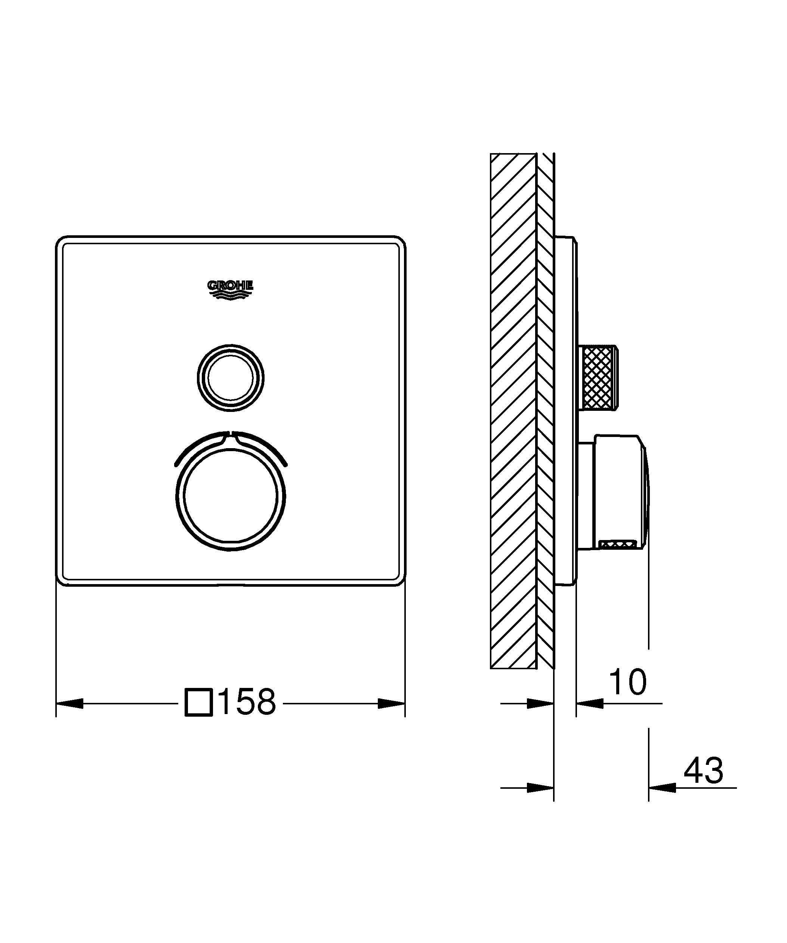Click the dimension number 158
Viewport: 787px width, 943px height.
tap(247, 702)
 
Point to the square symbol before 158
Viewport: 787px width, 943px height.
tap(198, 702)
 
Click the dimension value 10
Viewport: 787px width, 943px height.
tap(628, 682)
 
